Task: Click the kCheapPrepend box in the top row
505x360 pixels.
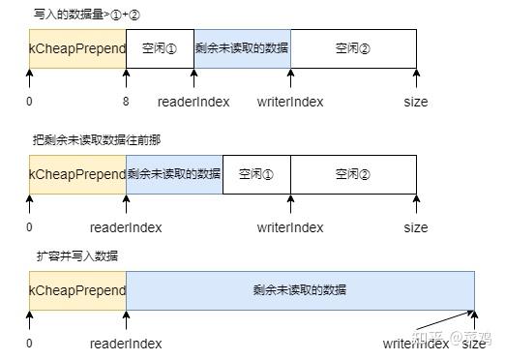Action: [x=77, y=48]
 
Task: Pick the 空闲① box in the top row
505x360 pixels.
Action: [x=160, y=48]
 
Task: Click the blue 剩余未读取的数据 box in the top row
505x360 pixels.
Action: [x=242, y=48]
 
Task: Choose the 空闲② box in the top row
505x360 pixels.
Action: [x=353, y=48]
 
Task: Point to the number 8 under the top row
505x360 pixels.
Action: [x=126, y=102]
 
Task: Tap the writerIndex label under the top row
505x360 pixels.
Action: [x=290, y=102]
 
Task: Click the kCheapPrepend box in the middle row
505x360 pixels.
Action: [x=77, y=174]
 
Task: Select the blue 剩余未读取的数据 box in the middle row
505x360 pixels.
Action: [x=174, y=174]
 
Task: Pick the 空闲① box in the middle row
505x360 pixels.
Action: [x=256, y=174]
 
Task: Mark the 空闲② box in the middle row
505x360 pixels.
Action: [x=353, y=174]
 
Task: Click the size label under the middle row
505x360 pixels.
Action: [x=416, y=227]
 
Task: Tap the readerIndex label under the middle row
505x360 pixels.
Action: [x=126, y=227]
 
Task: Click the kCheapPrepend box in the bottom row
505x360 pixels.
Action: [x=77, y=290]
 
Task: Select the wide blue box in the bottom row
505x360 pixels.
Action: [x=300, y=290]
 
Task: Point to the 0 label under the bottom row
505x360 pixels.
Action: [x=29, y=344]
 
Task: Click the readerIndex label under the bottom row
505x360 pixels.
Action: [x=126, y=344]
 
